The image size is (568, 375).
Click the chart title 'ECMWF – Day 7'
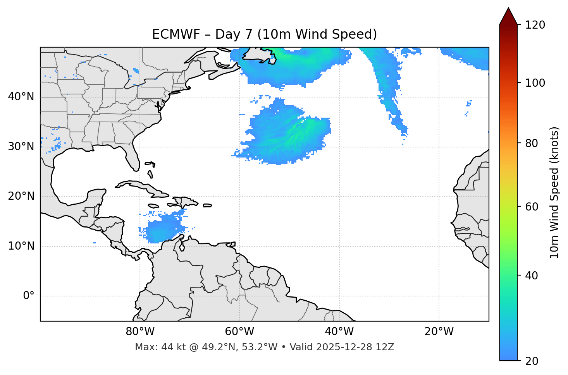[264, 34]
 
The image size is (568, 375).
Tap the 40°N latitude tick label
[21, 97]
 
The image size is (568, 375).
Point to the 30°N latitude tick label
[21, 147]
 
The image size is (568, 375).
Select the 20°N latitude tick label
[21, 196]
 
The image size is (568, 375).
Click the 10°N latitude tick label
[21, 246]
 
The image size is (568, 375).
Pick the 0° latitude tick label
[29, 296]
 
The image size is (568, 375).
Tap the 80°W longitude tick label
[140, 332]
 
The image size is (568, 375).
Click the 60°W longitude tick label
[239, 332]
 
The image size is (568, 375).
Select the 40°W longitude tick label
[339, 332]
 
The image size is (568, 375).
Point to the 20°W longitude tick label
[439, 332]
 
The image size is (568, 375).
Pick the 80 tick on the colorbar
[534, 143]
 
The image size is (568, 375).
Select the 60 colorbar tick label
[534, 207]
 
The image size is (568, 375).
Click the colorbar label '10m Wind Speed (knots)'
[554, 192]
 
